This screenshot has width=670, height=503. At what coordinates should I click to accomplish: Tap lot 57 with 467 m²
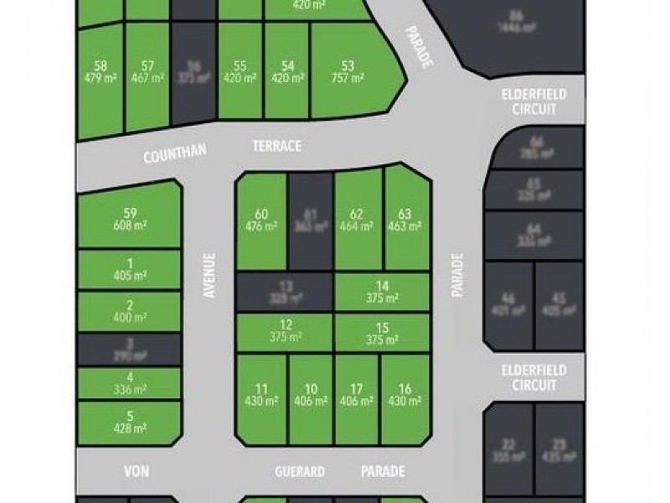(147, 72)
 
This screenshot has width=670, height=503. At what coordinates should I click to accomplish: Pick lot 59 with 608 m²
(129, 219)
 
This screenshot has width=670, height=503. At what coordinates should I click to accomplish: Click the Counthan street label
(174, 155)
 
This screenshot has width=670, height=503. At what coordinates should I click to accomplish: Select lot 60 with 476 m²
(261, 220)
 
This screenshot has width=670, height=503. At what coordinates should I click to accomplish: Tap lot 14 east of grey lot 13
(382, 292)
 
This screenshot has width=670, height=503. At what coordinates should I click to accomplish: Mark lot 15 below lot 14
(382, 333)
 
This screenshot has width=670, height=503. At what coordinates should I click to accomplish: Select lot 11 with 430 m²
(261, 395)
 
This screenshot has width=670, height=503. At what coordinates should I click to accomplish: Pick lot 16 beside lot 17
(405, 395)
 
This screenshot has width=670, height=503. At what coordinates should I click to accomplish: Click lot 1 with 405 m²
(129, 269)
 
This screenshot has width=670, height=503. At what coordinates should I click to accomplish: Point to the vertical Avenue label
(209, 276)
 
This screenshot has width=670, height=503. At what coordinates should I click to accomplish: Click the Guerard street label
(300, 472)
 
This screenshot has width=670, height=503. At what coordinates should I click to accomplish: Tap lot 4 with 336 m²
(129, 383)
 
